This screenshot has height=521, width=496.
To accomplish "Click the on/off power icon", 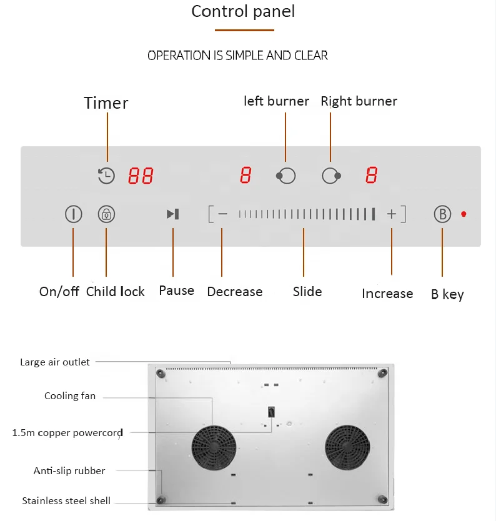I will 74,214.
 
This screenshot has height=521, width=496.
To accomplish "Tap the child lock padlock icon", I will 107,214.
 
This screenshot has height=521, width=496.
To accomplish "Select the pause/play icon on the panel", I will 173,214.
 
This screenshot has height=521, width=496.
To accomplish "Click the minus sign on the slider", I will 222,214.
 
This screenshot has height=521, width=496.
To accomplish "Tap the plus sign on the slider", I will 392,214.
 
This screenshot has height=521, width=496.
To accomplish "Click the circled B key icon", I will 442,214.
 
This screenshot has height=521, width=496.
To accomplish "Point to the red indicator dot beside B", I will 464,214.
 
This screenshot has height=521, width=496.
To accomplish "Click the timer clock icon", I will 107,176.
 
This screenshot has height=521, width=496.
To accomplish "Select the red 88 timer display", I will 141,176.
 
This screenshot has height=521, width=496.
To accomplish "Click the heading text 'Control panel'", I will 243,11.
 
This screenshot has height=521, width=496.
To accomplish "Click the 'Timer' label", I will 106,103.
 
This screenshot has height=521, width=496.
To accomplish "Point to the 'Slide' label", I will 307,292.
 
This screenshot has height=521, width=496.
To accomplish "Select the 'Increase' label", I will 387,294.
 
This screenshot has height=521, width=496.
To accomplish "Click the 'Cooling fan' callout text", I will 70,396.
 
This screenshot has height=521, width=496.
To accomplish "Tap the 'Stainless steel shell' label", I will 66,501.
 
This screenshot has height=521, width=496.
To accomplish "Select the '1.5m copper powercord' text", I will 67,433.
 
